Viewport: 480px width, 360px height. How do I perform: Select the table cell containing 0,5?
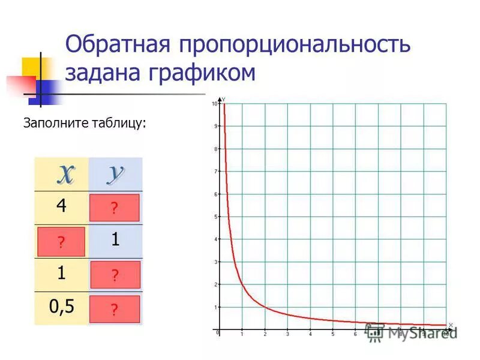[x=61, y=307]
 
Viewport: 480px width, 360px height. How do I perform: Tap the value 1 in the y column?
[x=115, y=241]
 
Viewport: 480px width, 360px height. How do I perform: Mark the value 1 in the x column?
[x=61, y=274]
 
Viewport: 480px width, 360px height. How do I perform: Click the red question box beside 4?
[x=115, y=208]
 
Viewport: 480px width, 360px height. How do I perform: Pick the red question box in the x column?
[x=61, y=242]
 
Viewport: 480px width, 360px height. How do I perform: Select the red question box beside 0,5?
[x=115, y=310]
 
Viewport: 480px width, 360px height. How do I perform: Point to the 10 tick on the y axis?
[x=214, y=104]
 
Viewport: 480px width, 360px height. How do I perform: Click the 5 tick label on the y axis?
[x=215, y=217]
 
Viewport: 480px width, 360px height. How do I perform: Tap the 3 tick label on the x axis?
[x=287, y=334]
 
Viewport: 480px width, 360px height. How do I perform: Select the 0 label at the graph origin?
[x=218, y=332]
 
